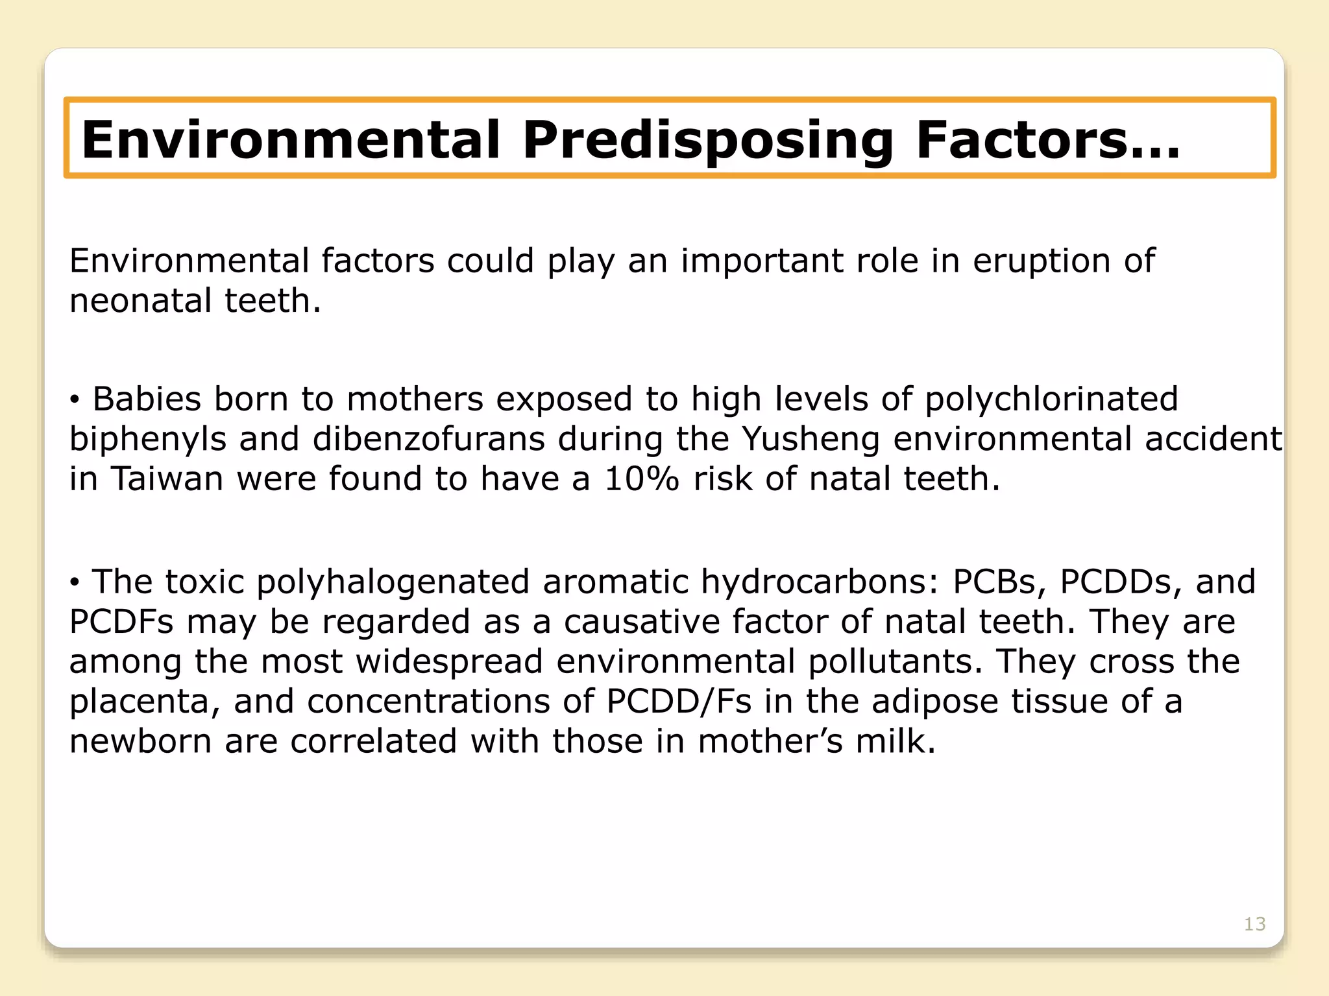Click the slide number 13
(1254, 924)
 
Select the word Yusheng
(811, 439)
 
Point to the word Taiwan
(168, 479)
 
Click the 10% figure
(641, 479)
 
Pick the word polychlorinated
(1051, 399)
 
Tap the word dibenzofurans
(429, 439)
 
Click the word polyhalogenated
(393, 581)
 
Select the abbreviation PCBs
(998, 581)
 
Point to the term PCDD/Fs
(679, 701)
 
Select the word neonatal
(140, 301)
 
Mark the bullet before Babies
(75, 401)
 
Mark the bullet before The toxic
(75, 583)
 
